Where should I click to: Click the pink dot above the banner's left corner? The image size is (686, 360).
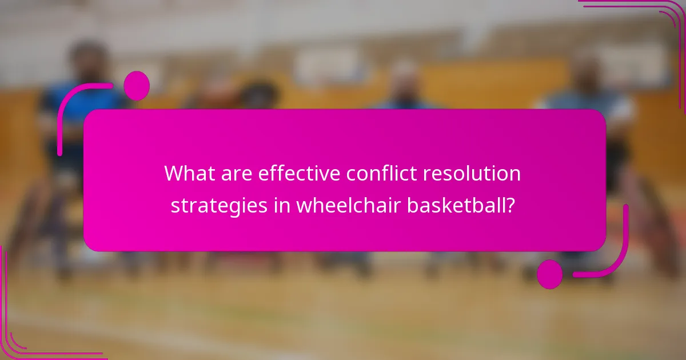(137, 86)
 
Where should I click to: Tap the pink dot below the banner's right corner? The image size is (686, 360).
(550, 274)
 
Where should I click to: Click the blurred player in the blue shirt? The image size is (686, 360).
(86, 103)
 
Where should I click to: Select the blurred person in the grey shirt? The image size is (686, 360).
(589, 103)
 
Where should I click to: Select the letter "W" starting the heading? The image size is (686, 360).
(174, 173)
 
